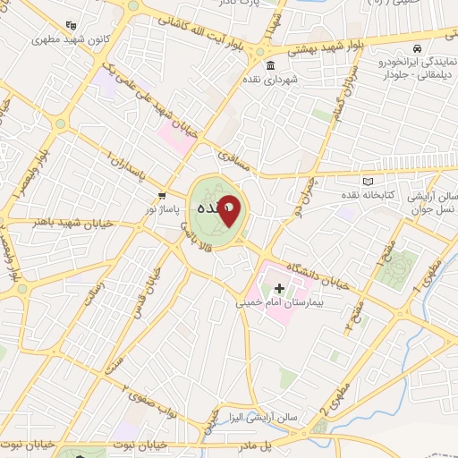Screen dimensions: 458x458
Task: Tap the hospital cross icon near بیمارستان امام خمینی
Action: [x=279, y=288]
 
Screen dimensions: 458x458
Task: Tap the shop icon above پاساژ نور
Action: [x=162, y=194]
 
